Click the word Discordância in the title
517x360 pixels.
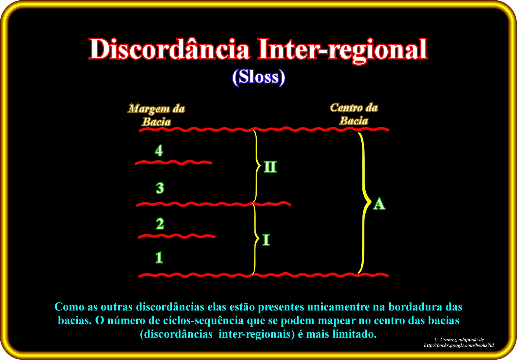pyautogui.click(x=169, y=49)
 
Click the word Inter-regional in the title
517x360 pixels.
pyautogui.click(x=343, y=51)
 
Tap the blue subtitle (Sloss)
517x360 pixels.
pyautogui.click(x=258, y=77)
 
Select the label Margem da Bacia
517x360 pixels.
pyautogui.click(x=156, y=115)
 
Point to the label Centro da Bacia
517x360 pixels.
pyautogui.click(x=354, y=114)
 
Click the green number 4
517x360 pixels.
pyautogui.click(x=159, y=150)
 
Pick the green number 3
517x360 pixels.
pyautogui.click(x=160, y=188)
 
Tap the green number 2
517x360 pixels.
pyautogui.click(x=160, y=223)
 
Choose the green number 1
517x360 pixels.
pyautogui.click(x=159, y=257)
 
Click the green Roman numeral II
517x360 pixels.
pyautogui.click(x=270, y=167)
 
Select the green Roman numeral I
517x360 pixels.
pyautogui.click(x=266, y=240)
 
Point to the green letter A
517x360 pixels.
pyautogui.click(x=379, y=204)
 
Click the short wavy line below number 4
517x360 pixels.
pyautogui.click(x=173, y=163)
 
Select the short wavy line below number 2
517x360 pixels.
pyautogui.click(x=177, y=236)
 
